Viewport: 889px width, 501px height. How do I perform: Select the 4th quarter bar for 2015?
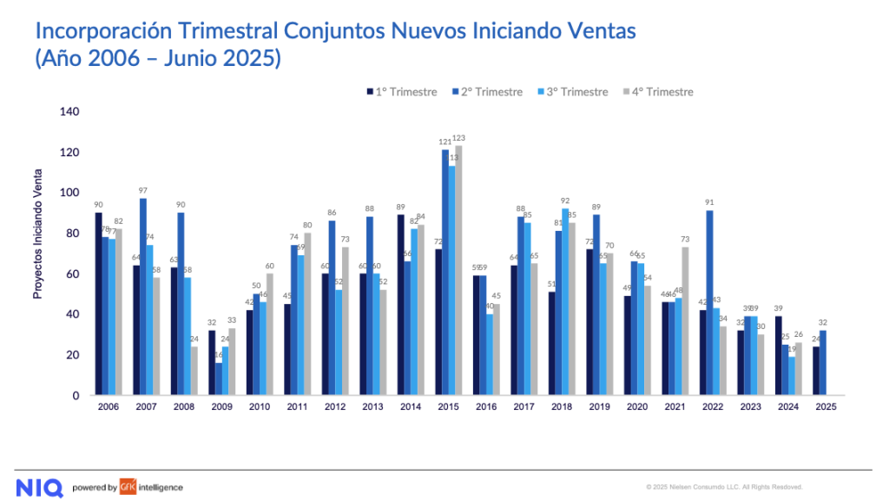pyautogui.click(x=459, y=270)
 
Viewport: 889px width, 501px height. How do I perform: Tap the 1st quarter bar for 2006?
pyautogui.click(x=98, y=304)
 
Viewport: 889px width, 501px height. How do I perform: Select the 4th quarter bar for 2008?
pyautogui.click(x=195, y=371)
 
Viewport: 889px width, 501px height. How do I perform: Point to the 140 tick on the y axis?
pyautogui.click(x=69, y=112)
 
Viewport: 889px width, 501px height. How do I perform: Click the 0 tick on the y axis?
pyautogui.click(x=76, y=396)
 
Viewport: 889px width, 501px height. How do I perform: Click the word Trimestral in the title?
pyautogui.click(x=227, y=32)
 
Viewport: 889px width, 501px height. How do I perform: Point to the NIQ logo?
pyautogui.click(x=39, y=487)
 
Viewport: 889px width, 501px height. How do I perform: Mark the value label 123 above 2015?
pyautogui.click(x=460, y=138)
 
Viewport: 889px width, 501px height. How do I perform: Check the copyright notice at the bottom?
pyautogui.click(x=724, y=487)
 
